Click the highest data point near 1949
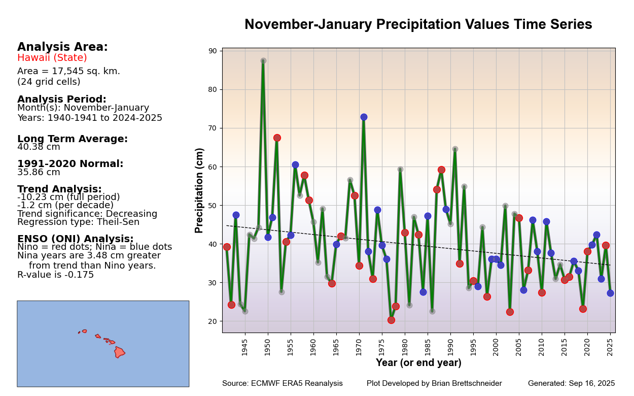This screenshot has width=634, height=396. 263,61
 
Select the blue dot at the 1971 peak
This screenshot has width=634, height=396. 364,117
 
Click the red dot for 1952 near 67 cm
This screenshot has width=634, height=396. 277,138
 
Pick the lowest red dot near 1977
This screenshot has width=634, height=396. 391,320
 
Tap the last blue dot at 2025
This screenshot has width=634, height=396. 610,293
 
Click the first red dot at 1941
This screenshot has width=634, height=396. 227,247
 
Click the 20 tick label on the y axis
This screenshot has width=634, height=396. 212,321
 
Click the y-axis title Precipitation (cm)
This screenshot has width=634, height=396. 200,190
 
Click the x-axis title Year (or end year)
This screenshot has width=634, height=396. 418,363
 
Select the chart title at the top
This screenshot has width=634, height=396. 418,25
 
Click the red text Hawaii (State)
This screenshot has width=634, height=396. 52,58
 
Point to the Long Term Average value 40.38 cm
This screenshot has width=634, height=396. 39,147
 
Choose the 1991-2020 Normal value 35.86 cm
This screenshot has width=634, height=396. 39,172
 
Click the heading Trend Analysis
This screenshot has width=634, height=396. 59,189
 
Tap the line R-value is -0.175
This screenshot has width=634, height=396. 56,275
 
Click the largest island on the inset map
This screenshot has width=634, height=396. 119,352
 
